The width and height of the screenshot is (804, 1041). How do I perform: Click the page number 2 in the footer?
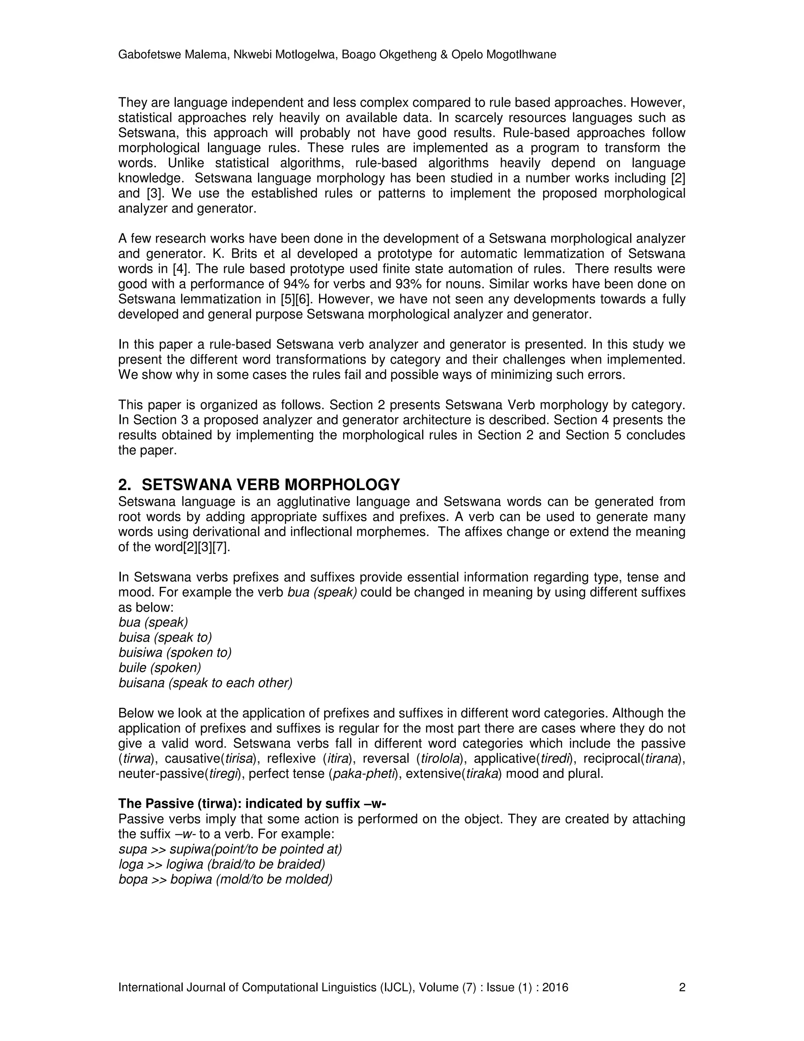pos(682,987)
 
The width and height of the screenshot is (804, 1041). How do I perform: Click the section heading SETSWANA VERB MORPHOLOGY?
pos(270,484)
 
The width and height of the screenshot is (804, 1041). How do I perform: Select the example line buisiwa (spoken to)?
pos(175,652)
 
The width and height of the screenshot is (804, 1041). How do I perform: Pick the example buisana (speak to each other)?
pos(205,683)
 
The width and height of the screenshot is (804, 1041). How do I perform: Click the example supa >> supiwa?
pos(230,849)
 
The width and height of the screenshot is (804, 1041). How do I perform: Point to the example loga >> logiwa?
pos(221,864)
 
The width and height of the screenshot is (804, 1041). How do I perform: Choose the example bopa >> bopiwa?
pos(225,880)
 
